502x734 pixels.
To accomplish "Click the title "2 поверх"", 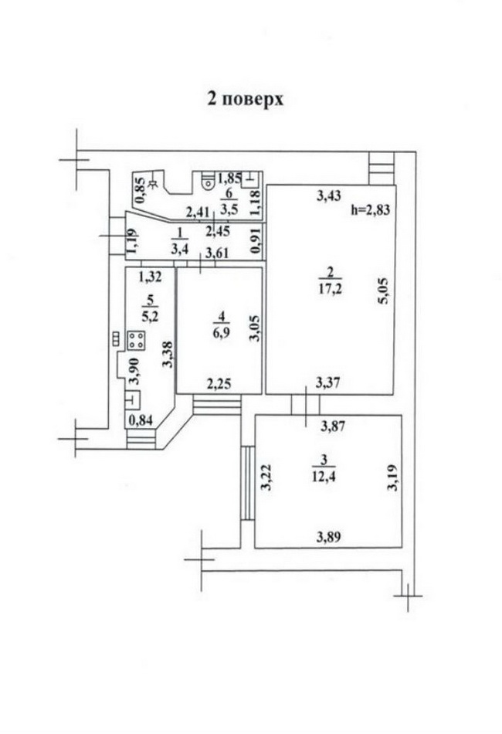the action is (246, 99).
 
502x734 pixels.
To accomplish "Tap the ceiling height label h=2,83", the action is (371, 209).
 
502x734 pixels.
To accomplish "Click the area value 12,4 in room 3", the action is (324, 477).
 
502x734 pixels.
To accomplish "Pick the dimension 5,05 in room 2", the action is (384, 291).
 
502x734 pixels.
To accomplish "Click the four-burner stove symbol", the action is (136, 341).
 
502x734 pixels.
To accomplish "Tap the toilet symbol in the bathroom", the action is (208, 180).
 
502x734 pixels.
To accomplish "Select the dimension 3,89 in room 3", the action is (329, 537).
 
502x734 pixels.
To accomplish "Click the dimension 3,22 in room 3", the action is (266, 477).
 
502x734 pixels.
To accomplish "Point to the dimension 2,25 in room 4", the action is (219, 384).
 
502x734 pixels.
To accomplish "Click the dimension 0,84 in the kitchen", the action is (141, 420).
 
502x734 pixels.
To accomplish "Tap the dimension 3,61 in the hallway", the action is (218, 253).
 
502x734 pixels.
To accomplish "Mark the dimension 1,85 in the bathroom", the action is (230, 178).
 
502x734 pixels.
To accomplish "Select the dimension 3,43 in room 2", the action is (329, 195).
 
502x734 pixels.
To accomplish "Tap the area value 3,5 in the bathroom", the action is (229, 209).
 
